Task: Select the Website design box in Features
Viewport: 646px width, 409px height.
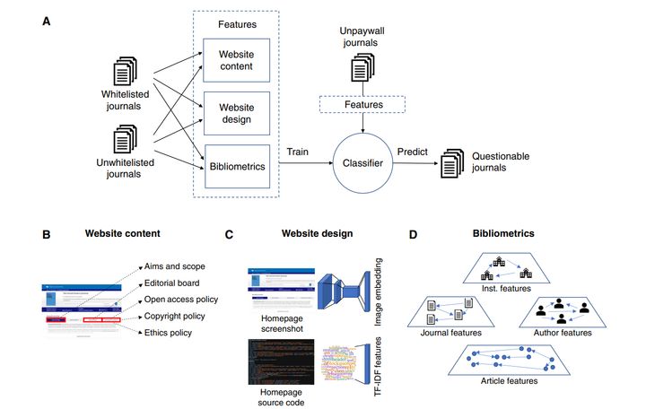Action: [x=236, y=113]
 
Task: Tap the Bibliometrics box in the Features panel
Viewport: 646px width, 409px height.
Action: [x=236, y=165]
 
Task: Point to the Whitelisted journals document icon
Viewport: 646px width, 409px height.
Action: [x=125, y=71]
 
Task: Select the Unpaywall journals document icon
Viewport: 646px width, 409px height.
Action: [x=363, y=67]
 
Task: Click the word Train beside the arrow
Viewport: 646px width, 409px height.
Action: [x=300, y=153]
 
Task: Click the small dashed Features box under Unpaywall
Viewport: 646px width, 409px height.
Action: [x=363, y=105]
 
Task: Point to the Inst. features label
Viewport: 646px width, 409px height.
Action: [x=502, y=289]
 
